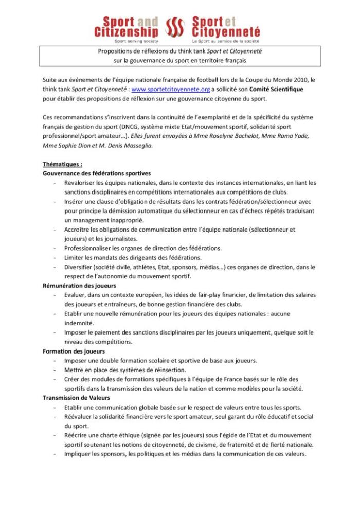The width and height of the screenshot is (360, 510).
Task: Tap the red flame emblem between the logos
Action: click(x=175, y=28)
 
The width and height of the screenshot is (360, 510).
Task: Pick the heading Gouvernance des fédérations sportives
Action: click(x=96, y=174)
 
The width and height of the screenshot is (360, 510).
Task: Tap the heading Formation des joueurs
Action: click(x=74, y=351)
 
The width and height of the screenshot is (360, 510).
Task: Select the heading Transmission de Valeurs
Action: click(x=77, y=398)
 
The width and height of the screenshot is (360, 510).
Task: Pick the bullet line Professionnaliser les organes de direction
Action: click(x=142, y=248)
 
